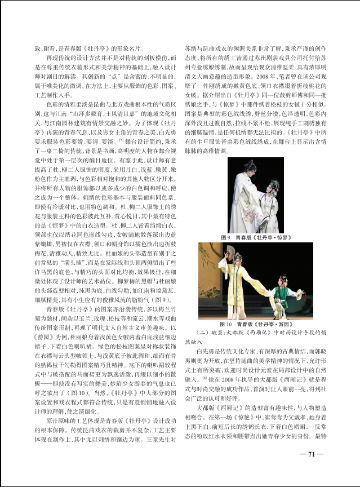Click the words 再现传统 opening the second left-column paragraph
point(56,59)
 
